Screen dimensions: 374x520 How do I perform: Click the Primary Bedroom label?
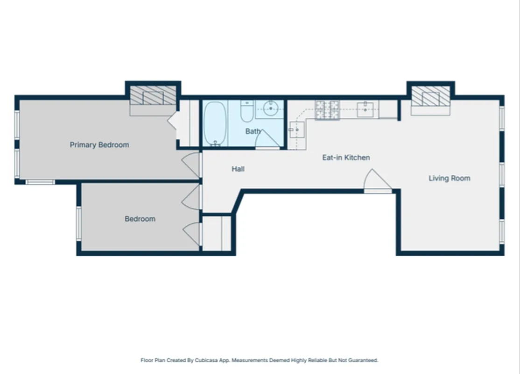click(x=99, y=145)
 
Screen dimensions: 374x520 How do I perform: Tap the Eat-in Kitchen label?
click(x=346, y=158)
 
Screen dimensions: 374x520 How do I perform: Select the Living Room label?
click(x=450, y=178)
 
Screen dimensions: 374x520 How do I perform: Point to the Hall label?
click(x=238, y=169)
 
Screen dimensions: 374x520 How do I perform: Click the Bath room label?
click(x=253, y=131)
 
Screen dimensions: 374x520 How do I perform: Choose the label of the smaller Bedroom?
click(x=140, y=219)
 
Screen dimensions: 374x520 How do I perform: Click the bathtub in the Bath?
click(x=215, y=123)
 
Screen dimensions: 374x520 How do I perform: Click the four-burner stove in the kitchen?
click(x=327, y=110)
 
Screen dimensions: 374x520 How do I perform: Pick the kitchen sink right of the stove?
click(x=365, y=109)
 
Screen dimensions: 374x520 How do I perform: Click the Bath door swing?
click(x=267, y=139)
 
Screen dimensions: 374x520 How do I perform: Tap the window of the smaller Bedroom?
click(x=79, y=223)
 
